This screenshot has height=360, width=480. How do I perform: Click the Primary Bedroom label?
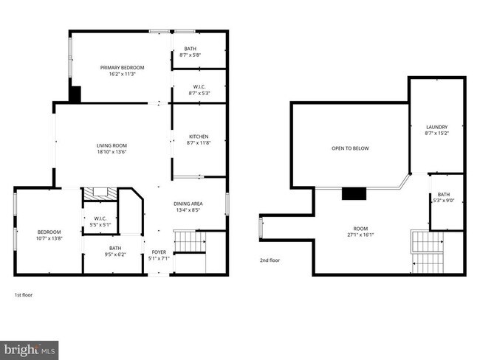tap(123, 67)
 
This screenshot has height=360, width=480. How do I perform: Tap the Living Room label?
tap(112, 145)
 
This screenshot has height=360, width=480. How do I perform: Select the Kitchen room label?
tap(199, 136)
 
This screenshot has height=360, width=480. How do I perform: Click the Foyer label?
tap(160, 252)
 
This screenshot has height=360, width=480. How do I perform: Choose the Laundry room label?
tap(436, 127)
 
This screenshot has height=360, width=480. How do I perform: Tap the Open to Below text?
tap(350, 148)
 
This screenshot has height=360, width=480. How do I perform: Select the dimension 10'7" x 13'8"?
tap(49, 238)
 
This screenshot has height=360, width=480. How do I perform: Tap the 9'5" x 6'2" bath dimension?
tap(115, 254)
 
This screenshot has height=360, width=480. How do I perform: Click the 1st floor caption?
tap(24, 295)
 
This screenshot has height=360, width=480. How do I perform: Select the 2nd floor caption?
tap(270, 260)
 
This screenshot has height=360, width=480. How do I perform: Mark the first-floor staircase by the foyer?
tap(188, 241)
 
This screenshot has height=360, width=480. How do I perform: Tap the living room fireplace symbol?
tap(97, 193)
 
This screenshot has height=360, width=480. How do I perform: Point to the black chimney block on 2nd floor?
tap(354, 194)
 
